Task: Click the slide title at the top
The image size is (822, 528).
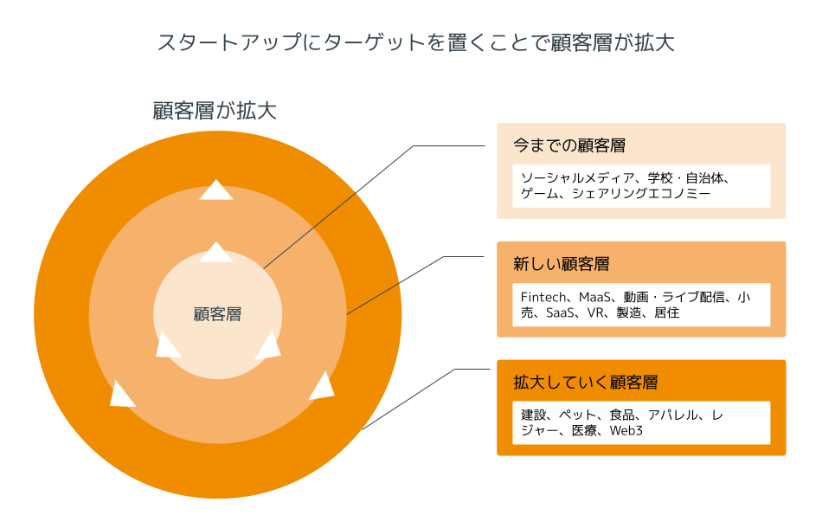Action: [x=415, y=42]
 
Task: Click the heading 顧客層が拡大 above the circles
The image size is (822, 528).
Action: [x=214, y=111]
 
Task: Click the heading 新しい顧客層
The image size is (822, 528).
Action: [x=562, y=264]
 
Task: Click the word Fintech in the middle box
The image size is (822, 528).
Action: [x=543, y=297]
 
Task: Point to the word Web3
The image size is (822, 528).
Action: [x=626, y=430]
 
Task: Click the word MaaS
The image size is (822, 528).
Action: [x=597, y=297]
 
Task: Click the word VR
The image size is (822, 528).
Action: [x=595, y=312]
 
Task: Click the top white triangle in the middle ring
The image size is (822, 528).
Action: [x=215, y=190]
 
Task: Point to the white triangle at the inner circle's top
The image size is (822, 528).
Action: [x=216, y=253]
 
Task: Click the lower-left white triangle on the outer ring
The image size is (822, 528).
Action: [x=122, y=394]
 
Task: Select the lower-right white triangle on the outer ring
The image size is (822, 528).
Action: [x=322, y=386]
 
